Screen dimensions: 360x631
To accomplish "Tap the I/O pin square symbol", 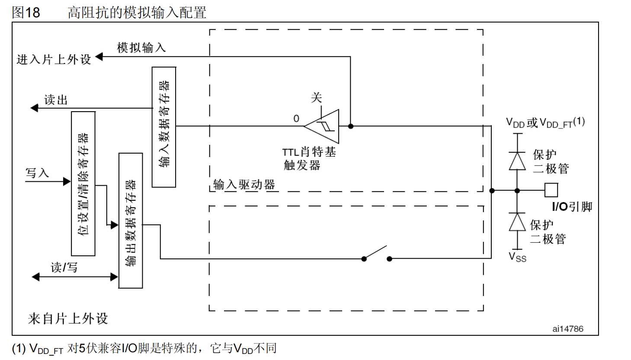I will click(551, 190).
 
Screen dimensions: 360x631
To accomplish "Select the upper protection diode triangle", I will click(517, 161).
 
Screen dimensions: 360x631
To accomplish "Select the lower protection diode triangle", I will click(517, 222).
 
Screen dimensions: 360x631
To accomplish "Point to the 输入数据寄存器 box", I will click(164, 127).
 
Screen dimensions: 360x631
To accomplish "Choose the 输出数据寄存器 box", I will click(131, 221).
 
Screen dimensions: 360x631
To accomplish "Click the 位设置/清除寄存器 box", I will click(83, 184).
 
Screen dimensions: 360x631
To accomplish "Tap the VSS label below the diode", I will click(517, 257).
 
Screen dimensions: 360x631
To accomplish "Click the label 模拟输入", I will click(141, 48).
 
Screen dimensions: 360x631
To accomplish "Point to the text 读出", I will click(56, 100).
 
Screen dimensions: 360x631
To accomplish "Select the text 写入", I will click(37, 173).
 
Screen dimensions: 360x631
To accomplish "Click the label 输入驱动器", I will click(244, 185).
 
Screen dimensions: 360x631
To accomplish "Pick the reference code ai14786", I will click(567, 329).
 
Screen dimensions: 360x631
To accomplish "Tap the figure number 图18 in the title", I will click(26, 12).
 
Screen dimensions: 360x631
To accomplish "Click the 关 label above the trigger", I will click(316, 97).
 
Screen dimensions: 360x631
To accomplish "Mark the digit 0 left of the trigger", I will click(296, 119).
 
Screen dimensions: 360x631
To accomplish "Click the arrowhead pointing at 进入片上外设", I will click(99, 57).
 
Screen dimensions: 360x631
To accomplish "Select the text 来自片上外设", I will click(68, 319).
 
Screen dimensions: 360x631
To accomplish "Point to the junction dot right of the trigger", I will click(350, 126).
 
